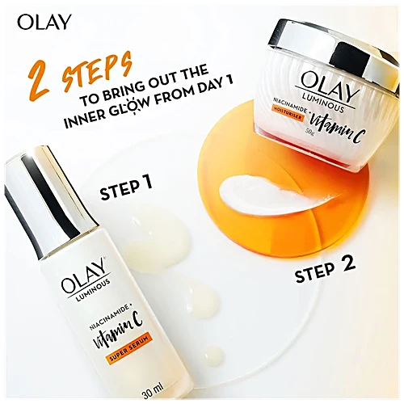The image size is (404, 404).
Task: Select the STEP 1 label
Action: click(x=126, y=191)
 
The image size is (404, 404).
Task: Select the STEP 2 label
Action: click(x=323, y=274)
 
